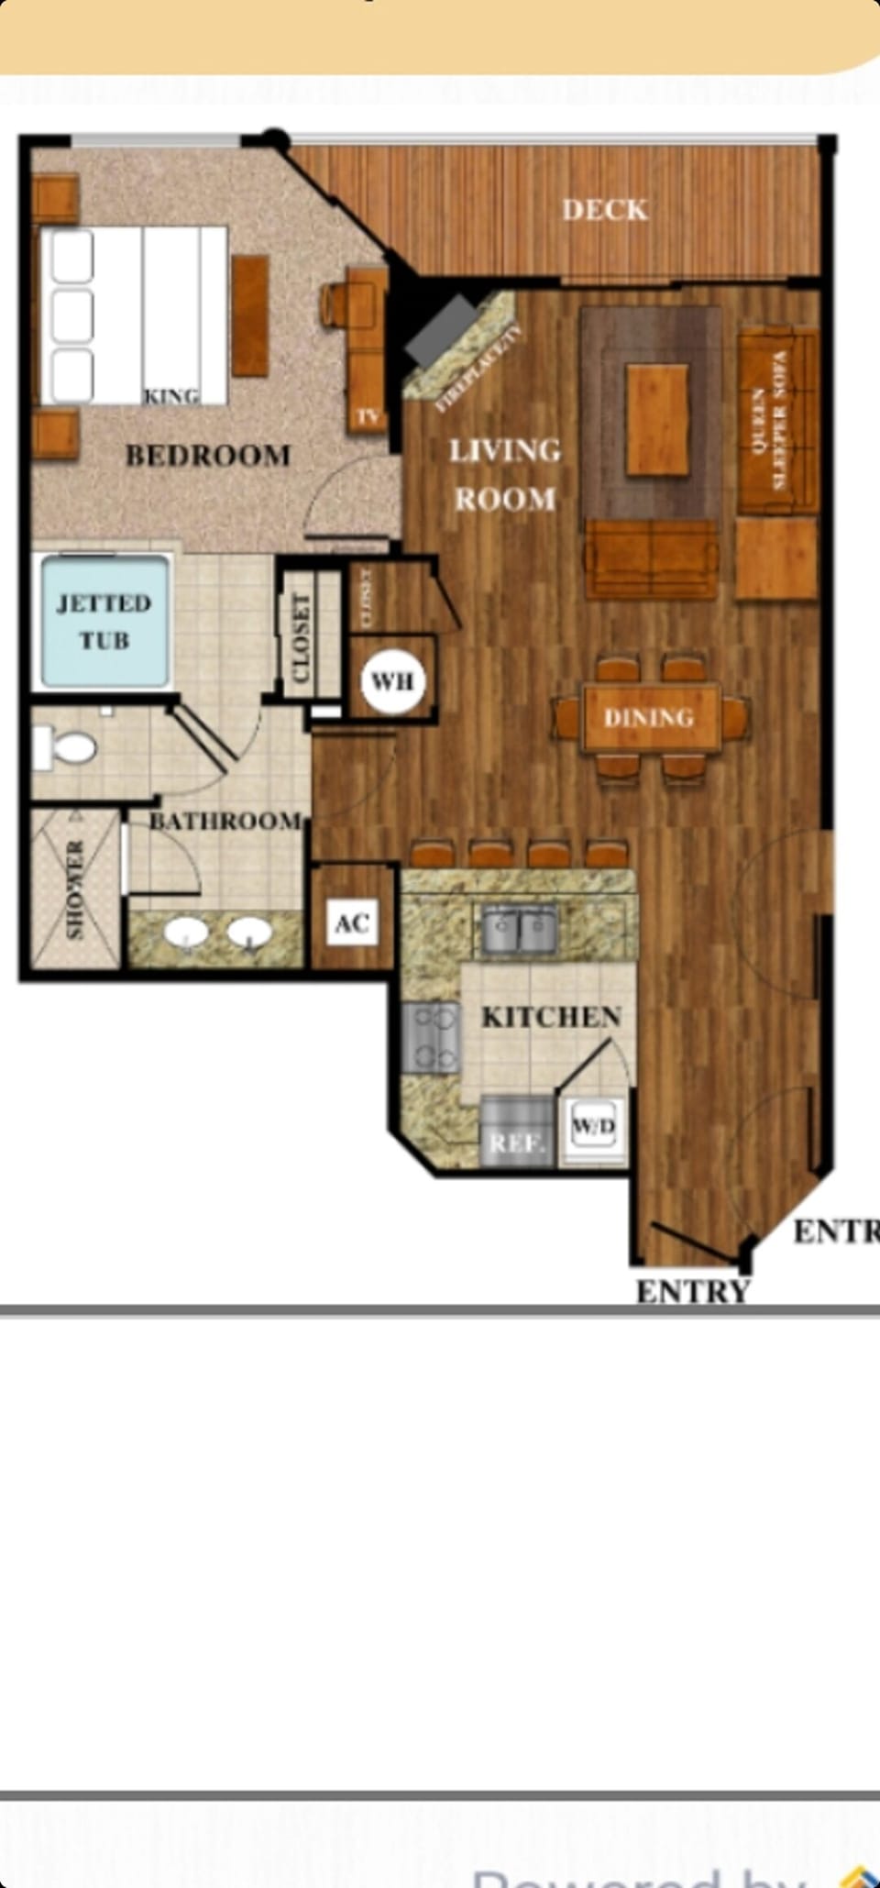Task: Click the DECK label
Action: (x=605, y=210)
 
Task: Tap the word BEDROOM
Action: (x=208, y=456)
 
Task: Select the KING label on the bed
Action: (x=171, y=396)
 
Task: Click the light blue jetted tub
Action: (x=103, y=622)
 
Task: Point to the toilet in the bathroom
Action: (x=64, y=747)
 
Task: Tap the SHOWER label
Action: (x=75, y=889)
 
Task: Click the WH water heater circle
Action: (x=393, y=681)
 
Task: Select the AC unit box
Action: (x=352, y=922)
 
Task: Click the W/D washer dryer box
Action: (x=593, y=1126)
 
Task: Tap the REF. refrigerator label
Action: (x=517, y=1143)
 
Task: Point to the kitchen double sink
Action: (x=520, y=929)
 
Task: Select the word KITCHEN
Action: (x=551, y=1017)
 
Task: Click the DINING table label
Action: (x=649, y=717)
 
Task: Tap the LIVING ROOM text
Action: (x=504, y=474)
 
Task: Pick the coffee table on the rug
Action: (x=657, y=419)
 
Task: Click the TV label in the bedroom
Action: (x=368, y=416)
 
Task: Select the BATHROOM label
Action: (x=225, y=821)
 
